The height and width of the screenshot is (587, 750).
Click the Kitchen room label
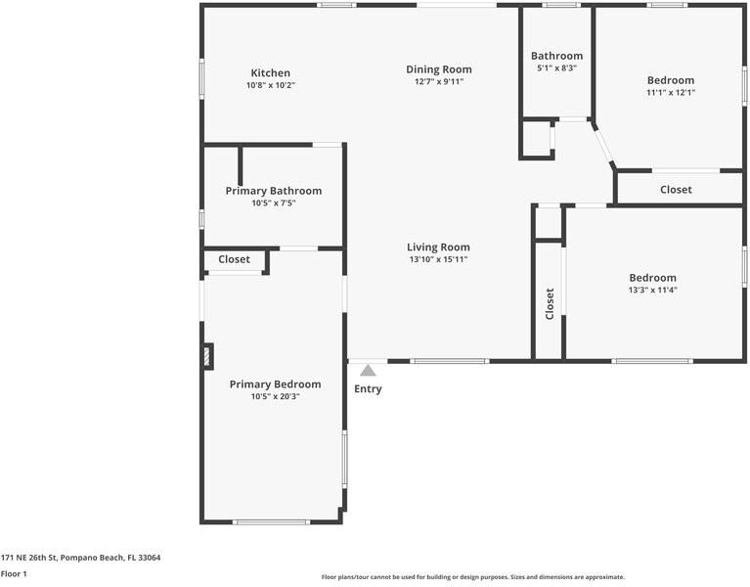270,73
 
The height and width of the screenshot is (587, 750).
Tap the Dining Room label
439,69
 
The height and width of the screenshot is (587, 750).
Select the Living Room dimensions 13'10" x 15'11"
438,260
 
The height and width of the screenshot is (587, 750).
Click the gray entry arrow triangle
368,370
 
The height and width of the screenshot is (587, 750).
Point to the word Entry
368,389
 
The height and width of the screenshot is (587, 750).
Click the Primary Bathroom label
273,191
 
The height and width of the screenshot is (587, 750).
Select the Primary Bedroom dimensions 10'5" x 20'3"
275,397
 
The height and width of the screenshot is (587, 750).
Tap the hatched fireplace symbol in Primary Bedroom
207,356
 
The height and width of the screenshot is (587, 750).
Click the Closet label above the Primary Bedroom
234,260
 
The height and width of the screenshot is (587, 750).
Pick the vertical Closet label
550,303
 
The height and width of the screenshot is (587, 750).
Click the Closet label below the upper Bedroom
676,190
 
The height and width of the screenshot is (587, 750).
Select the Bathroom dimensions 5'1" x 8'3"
556,68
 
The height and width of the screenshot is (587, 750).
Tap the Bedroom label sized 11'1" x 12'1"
670,80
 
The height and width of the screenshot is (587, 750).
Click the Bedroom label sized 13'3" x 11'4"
652,278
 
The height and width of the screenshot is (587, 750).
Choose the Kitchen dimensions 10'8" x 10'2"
270,86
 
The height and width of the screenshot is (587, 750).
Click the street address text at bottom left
80,558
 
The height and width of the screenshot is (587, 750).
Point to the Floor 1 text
14,573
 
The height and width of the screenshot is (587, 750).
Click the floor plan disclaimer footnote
472,577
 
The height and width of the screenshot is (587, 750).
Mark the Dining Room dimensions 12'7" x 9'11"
439,82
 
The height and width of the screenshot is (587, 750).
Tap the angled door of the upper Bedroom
603,143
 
